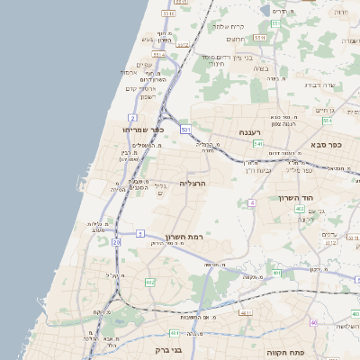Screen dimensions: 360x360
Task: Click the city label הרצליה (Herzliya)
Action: [193, 183]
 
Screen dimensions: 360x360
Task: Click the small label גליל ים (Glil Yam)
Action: [160, 188]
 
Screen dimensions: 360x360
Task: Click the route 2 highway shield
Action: [132, 118]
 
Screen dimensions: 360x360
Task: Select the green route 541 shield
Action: [257, 143]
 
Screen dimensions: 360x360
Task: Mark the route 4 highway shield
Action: [253, 203]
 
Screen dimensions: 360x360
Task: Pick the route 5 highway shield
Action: [140, 234]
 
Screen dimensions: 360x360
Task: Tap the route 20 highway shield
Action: [116, 242]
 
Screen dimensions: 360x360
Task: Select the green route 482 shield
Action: [149, 283]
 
